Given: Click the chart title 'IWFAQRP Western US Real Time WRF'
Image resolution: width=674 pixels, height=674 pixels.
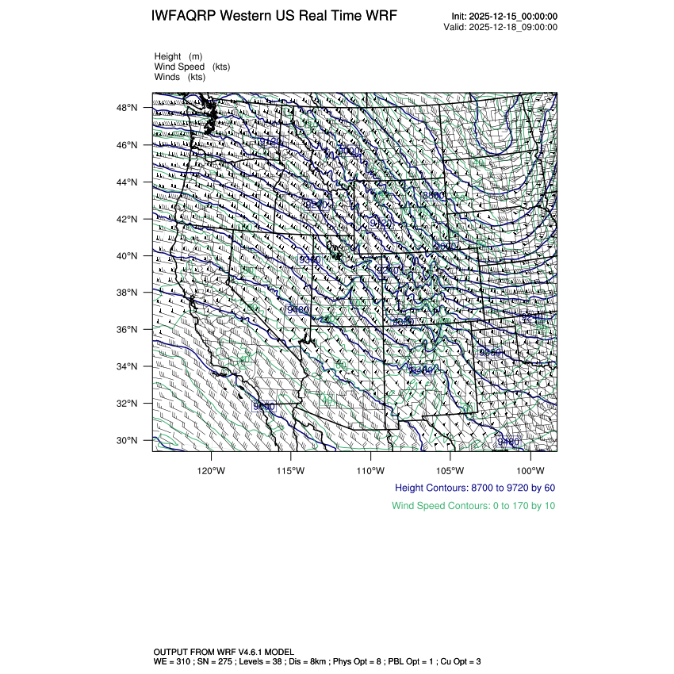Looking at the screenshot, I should click(274, 17).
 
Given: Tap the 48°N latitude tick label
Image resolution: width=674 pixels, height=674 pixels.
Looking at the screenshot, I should click(128, 108).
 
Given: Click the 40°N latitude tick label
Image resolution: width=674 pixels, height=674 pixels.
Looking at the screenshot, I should click(128, 256).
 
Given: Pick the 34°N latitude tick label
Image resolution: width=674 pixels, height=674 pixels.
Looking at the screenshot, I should click(128, 366).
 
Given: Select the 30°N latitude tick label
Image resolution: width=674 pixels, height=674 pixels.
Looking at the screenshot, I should click(128, 440).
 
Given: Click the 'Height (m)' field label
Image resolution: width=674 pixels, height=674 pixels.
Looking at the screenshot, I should click(178, 56).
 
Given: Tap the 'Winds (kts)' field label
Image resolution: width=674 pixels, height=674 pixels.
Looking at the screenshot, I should click(180, 77).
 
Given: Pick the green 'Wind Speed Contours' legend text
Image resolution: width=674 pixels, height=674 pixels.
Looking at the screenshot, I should click(473, 505).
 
